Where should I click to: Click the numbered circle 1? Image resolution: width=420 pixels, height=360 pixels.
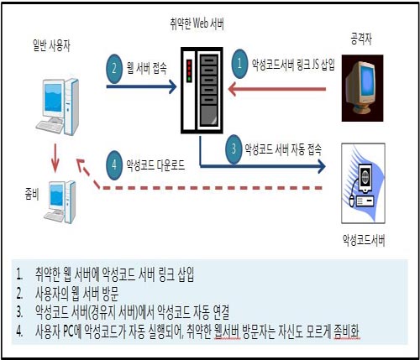pos(239,63)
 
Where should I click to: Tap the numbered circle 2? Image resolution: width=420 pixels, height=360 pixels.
pos(114,69)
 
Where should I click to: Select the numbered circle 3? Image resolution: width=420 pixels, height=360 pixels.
pos(234,149)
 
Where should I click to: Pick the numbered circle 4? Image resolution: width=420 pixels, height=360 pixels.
pos(114,165)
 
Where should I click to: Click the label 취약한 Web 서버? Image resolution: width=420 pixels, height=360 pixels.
pos(197,23)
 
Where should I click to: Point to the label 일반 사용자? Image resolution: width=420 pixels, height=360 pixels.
pos(51,45)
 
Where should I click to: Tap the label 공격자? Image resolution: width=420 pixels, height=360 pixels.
pos(361,39)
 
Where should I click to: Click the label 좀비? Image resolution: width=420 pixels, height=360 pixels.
pos(32,194)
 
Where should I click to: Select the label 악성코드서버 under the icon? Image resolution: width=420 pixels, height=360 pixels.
pos(364,240)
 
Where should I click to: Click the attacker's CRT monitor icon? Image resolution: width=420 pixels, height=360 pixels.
pos(362,88)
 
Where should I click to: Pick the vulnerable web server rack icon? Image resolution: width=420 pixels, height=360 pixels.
pos(202,90)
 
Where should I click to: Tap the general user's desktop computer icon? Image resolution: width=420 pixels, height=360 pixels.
pos(57,107)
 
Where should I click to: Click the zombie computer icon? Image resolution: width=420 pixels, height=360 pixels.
pos(60,202)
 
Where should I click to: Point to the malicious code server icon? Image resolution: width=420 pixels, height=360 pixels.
pos(363,183)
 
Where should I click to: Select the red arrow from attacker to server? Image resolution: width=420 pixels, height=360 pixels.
pos(277,90)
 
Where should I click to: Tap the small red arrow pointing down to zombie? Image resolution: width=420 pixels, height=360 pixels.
pos(55,159)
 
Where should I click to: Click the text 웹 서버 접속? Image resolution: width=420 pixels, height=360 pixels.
pos(147,68)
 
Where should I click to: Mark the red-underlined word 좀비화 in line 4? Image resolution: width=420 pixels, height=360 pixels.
pos(347,331)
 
